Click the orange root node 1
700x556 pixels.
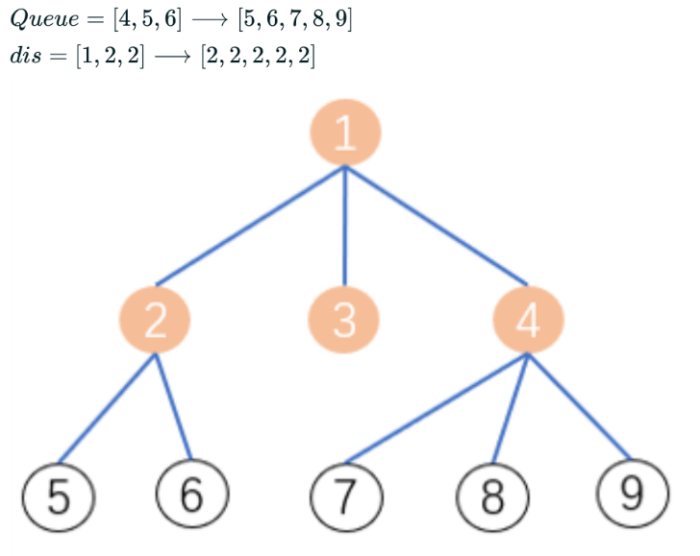coord(345,132)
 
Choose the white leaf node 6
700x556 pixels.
coord(191,496)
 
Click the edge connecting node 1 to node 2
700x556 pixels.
coord(250,226)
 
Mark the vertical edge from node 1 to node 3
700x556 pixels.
coord(345,226)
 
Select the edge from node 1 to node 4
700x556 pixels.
coord(437,226)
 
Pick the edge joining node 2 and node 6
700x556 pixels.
coord(173,407)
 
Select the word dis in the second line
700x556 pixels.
coord(27,55)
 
